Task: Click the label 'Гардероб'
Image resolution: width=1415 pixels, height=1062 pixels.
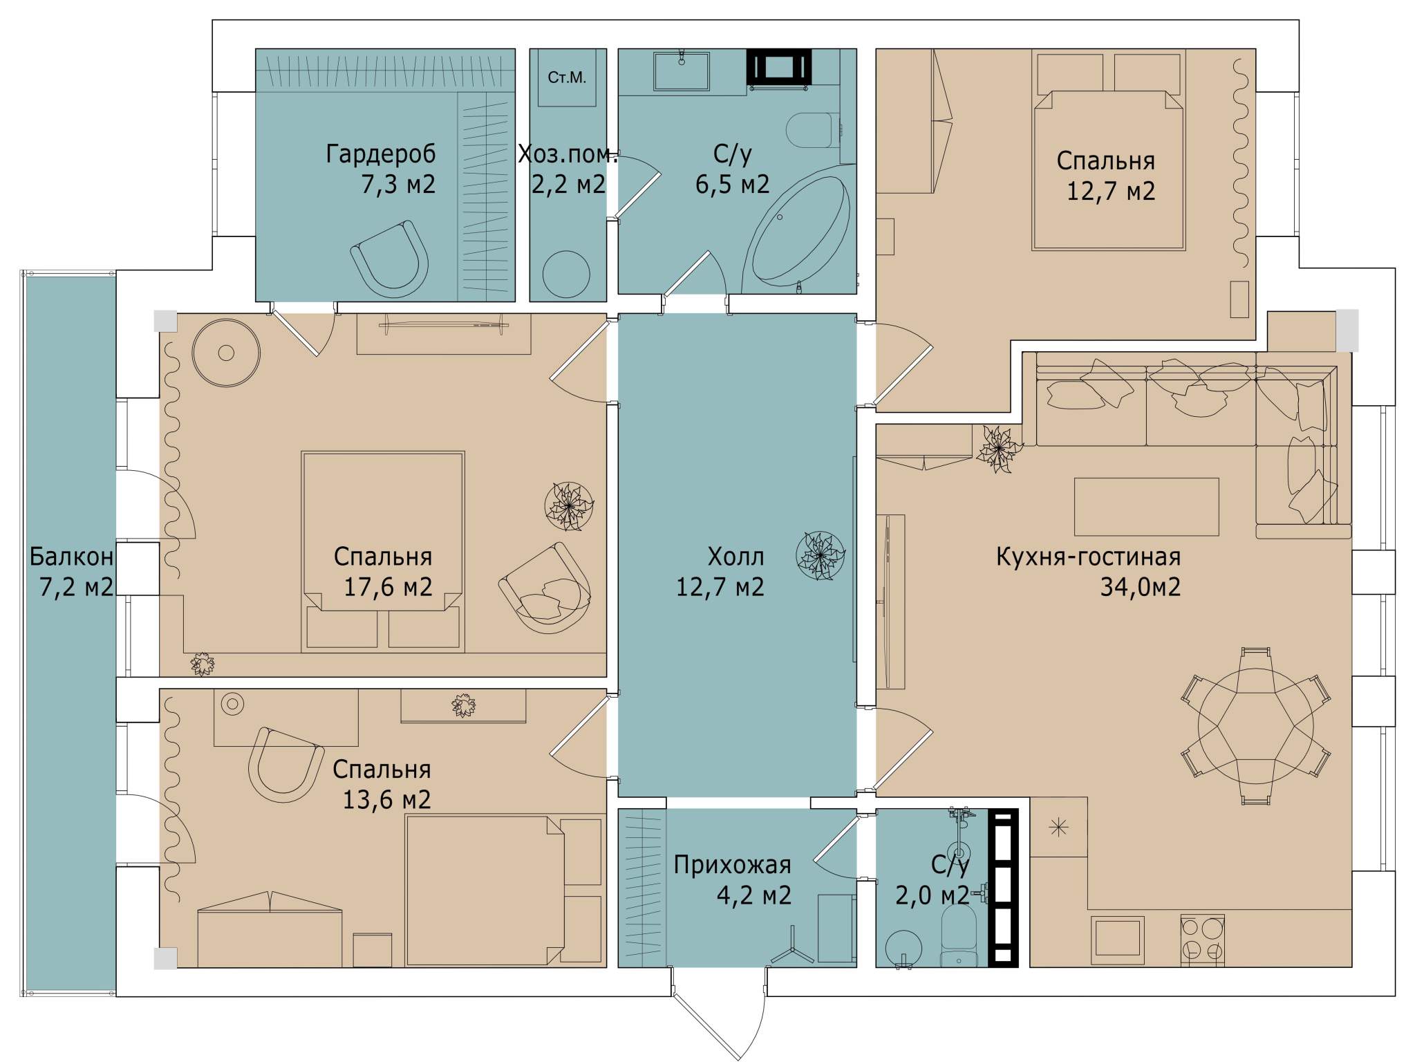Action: tap(380, 154)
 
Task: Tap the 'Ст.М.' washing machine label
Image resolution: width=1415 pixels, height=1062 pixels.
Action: tap(567, 77)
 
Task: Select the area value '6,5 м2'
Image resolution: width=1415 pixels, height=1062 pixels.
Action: tap(732, 185)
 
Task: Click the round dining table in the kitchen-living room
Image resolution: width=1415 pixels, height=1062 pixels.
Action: tap(1255, 727)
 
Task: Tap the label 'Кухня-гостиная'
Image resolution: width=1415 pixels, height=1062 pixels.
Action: tap(1088, 557)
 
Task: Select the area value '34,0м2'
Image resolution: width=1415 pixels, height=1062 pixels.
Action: tap(1140, 587)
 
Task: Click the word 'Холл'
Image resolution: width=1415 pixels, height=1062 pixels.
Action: tap(735, 557)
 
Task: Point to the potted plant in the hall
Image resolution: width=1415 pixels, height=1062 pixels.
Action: tap(821, 555)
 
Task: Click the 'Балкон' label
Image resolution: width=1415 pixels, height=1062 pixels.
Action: tap(71, 557)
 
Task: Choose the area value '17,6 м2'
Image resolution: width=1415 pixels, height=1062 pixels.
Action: tap(388, 587)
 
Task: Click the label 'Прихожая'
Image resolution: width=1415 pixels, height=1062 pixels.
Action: tap(732, 865)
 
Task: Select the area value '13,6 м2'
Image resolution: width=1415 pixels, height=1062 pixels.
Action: tap(386, 800)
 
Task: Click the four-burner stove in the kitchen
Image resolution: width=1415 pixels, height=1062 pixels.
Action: tap(1202, 940)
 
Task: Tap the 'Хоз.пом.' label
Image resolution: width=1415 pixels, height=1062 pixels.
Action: tap(568, 154)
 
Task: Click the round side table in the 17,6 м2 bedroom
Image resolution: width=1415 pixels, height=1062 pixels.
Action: tap(226, 353)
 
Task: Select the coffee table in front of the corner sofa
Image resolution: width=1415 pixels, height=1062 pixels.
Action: tap(1146, 506)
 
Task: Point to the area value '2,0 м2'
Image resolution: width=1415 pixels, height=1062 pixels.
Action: tap(933, 895)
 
